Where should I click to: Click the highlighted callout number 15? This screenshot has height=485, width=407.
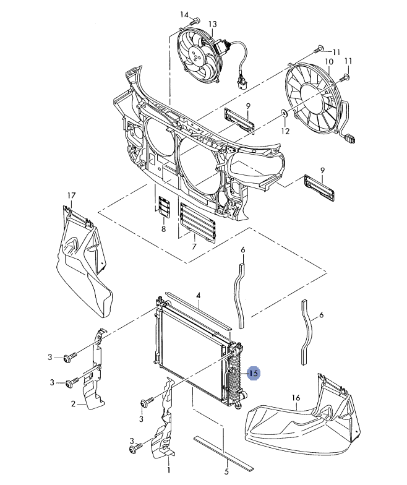click(253, 374)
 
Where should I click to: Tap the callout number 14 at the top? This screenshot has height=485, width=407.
click(184, 14)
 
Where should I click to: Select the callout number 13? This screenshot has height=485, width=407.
click(213, 24)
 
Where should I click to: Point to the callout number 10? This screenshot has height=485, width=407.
click(329, 62)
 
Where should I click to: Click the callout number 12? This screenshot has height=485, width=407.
click(285, 131)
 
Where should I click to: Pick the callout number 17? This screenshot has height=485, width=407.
click(72, 195)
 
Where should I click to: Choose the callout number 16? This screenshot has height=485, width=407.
click(296, 397)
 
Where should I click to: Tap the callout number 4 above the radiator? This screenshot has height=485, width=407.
click(199, 296)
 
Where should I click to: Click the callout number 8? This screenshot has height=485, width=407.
click(163, 229)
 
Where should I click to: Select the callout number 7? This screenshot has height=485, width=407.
click(194, 246)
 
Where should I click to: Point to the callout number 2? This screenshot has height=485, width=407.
click(73, 403)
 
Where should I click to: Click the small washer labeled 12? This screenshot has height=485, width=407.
click(285, 113)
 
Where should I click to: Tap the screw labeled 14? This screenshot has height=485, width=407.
click(195, 22)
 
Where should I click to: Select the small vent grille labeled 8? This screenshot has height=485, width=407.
click(164, 207)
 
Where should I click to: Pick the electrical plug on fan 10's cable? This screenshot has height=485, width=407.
click(351, 137)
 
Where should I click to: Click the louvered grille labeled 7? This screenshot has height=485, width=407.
click(197, 221)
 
